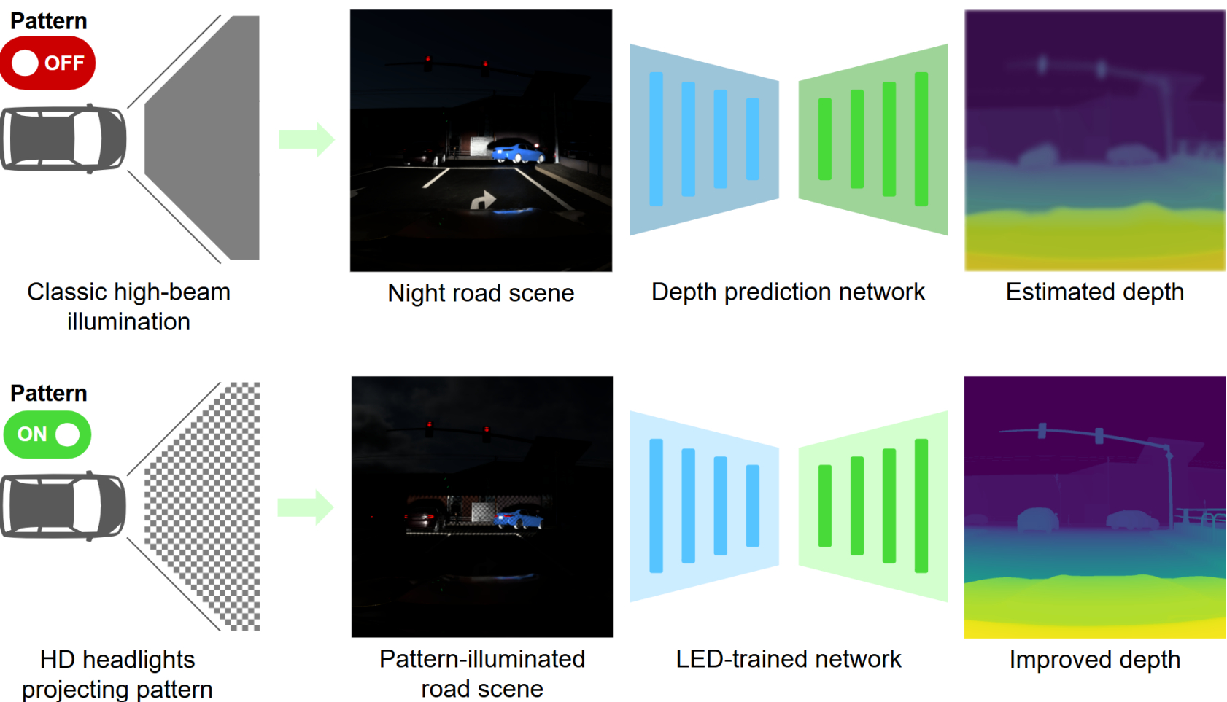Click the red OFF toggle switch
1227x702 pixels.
[47, 63]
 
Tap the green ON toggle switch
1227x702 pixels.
[47, 434]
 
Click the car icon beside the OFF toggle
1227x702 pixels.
[63, 139]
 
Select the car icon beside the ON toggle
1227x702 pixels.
[63, 506]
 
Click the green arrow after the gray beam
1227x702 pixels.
[306, 139]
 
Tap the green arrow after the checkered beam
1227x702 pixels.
[306, 507]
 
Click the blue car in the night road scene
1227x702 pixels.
[517, 153]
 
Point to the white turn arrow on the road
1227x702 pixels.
[482, 199]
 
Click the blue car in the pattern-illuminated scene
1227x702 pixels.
[519, 520]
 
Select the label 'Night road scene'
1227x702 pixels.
[481, 293]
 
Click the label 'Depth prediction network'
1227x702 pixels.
[788, 292]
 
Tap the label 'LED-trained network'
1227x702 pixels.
[788, 659]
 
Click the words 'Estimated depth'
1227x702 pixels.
[1094, 292]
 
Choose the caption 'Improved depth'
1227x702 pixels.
[1094, 660]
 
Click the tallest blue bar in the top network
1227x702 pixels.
[656, 139]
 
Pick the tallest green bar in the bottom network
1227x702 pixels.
[921, 506]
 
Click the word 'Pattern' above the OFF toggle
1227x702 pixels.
[49, 21]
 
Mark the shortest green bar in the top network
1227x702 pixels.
[825, 139]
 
